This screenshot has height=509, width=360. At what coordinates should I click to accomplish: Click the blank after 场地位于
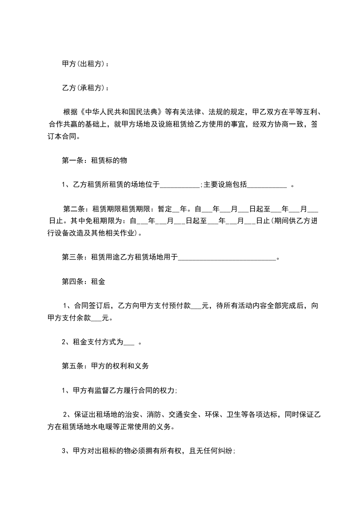coord(180,185)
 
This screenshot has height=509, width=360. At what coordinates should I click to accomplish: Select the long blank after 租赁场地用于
coord(227,259)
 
